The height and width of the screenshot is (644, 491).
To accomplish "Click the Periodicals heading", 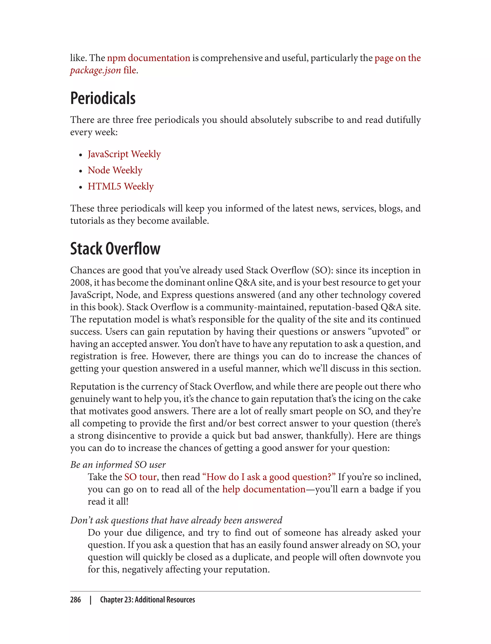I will coord(103,98).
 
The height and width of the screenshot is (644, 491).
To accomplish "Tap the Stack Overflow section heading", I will coord(115,249).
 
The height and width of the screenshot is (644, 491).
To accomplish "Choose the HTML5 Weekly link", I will coord(120,186).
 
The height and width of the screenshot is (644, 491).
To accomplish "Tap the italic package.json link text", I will coord(95,70).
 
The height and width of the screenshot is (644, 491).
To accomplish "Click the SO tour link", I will coord(140,477).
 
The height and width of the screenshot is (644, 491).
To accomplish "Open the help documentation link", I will coord(264,489).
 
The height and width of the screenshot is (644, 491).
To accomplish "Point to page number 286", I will coord(76,600).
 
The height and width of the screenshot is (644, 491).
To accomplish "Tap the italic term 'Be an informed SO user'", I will coord(118,465).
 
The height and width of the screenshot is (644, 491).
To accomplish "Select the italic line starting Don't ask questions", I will coord(176,520).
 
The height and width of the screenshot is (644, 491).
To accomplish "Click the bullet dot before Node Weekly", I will coord(81,171).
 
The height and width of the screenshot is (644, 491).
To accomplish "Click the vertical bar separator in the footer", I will coord(91,600).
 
